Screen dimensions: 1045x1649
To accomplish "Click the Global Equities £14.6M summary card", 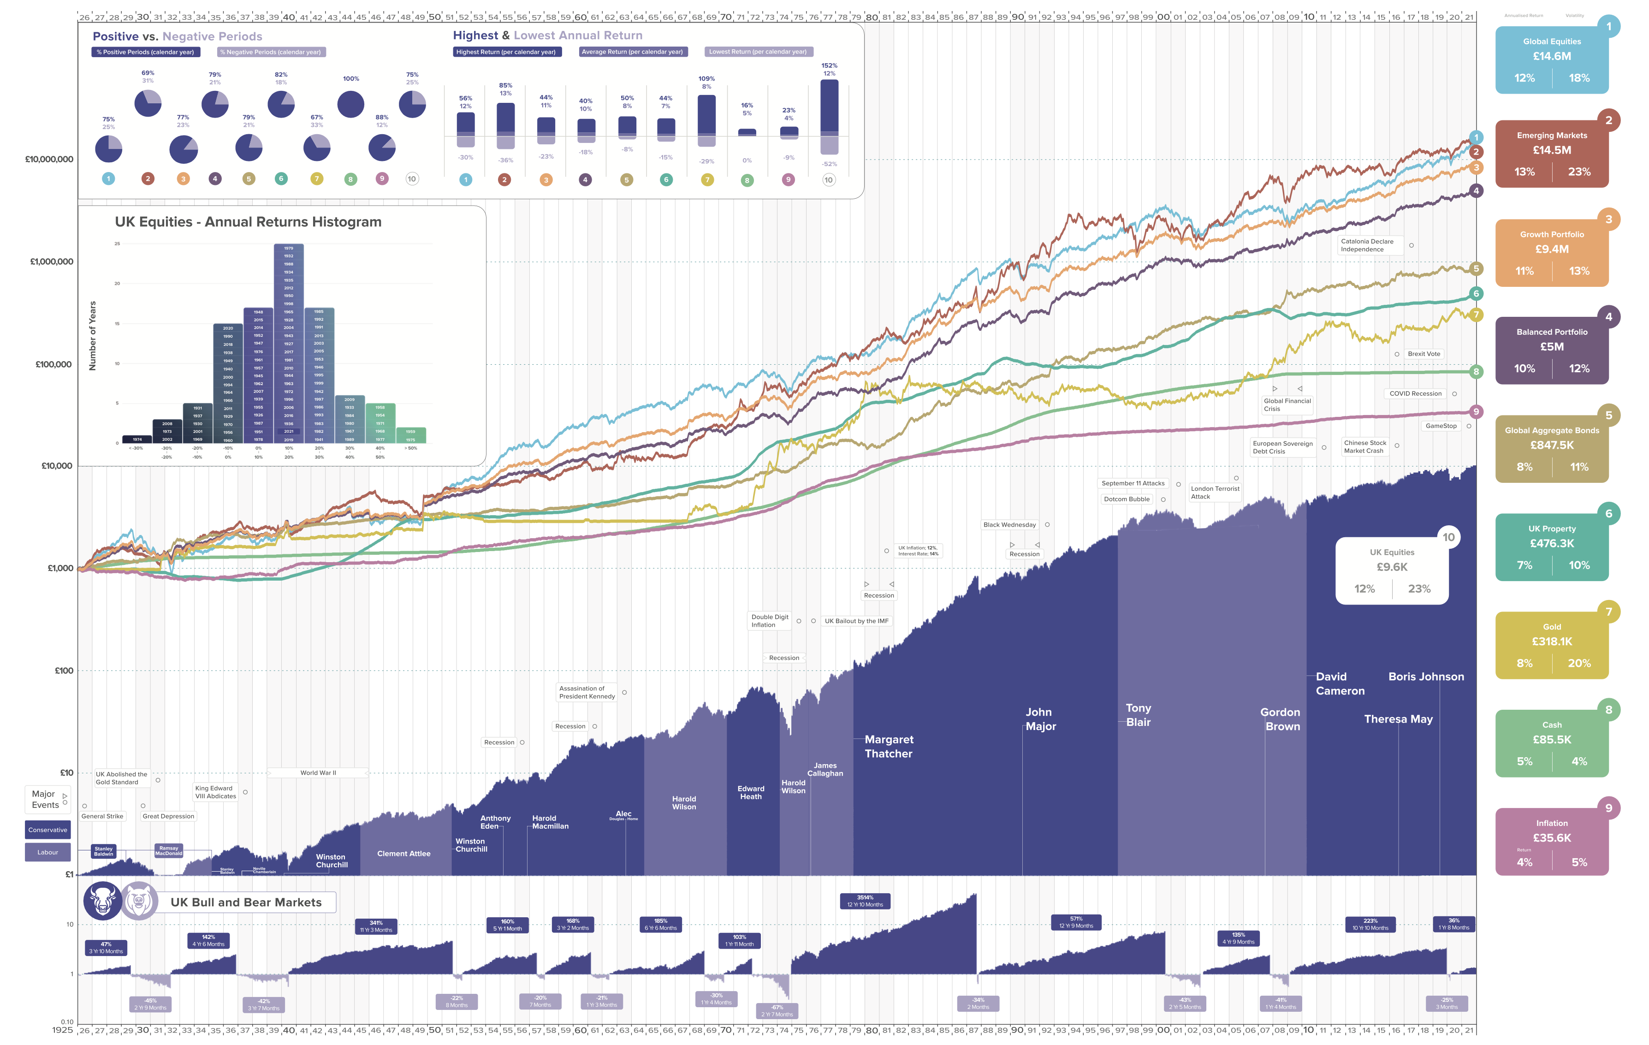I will click(1551, 59).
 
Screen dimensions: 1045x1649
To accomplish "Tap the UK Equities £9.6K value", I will click(1392, 567).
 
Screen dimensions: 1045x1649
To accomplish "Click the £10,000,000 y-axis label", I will click(49, 160).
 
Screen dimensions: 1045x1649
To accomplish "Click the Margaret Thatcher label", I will click(888, 747).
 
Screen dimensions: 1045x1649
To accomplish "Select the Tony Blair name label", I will click(1138, 715).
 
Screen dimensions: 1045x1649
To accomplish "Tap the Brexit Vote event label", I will click(1424, 354).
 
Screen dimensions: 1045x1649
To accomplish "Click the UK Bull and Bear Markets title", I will click(246, 902).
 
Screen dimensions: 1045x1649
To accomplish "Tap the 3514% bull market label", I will click(865, 901).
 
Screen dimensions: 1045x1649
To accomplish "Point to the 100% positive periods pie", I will click(350, 104).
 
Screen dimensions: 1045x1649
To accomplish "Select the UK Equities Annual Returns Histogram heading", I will click(248, 222).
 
